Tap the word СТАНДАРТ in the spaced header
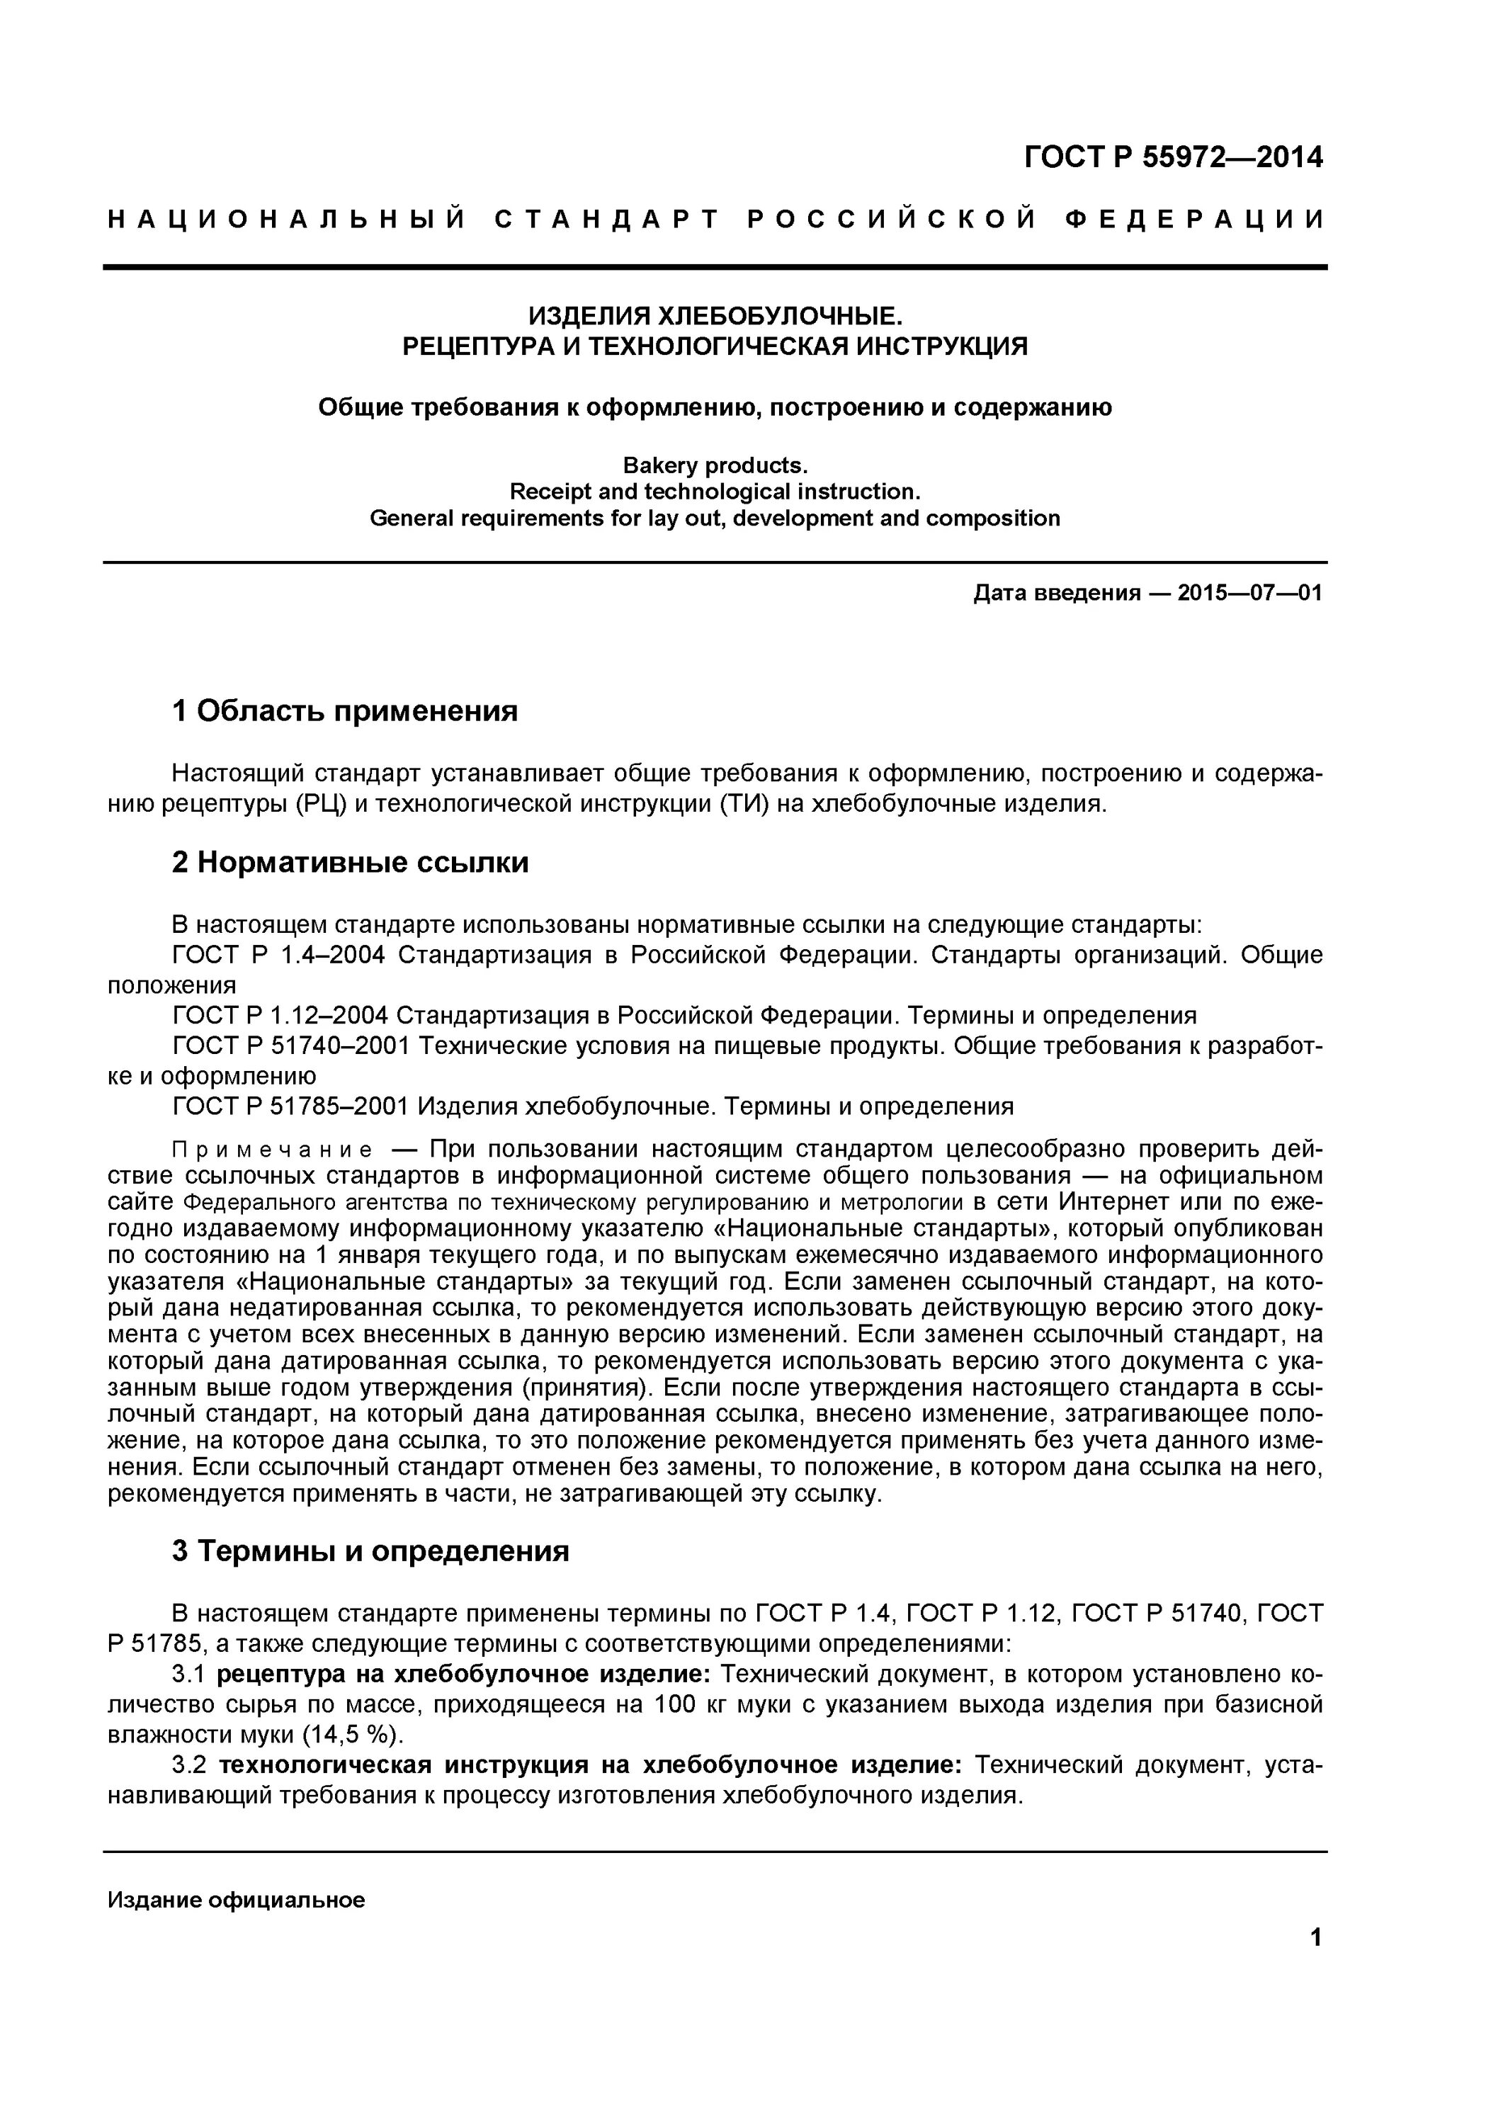tap(606, 220)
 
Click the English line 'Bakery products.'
tap(715, 465)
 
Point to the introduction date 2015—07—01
tap(1249, 592)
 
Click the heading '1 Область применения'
tap(344, 710)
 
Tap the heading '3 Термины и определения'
tap(370, 1551)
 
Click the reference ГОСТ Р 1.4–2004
tap(278, 954)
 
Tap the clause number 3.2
tap(189, 1765)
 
